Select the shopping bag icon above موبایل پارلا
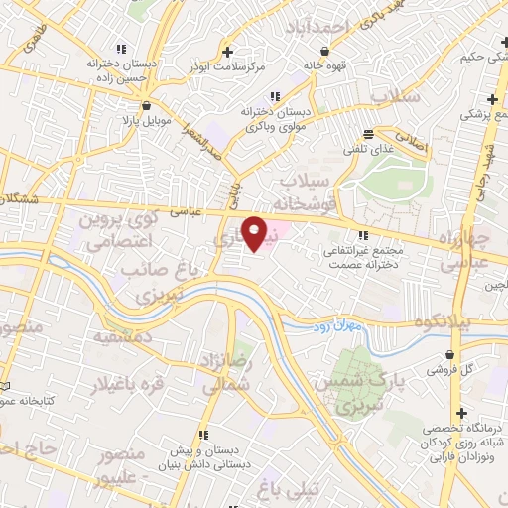pos(147,105)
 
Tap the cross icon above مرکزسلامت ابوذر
pos(228,52)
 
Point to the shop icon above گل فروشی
pos(452,352)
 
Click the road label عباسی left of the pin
pos(186,210)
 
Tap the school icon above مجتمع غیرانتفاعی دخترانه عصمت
pos(364,234)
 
